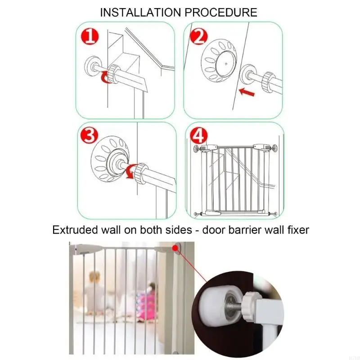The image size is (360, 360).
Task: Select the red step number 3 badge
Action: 90,135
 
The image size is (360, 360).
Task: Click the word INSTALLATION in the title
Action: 141,12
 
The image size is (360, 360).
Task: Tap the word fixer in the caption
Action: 297,230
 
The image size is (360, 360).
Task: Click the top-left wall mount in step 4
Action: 198,148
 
